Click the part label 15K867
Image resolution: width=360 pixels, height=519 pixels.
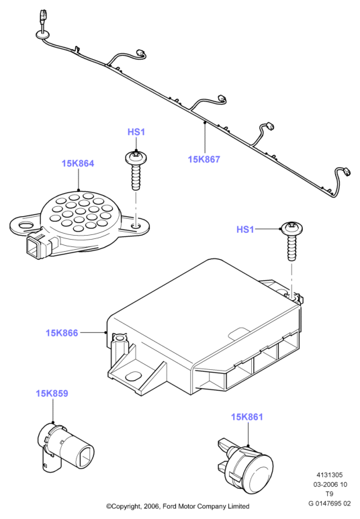[x=204, y=159]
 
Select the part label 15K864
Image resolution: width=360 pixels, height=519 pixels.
[x=78, y=163]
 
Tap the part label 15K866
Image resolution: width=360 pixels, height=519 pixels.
[x=62, y=332]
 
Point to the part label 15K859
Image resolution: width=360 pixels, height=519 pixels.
[x=52, y=393]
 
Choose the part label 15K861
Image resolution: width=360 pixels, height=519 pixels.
[x=247, y=417]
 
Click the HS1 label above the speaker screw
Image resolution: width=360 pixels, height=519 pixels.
[x=136, y=132]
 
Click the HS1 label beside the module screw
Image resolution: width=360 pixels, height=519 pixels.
[x=245, y=230]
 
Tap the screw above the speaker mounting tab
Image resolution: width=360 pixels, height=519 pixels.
[x=136, y=171]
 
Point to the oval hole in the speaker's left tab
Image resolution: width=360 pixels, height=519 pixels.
[x=26, y=225]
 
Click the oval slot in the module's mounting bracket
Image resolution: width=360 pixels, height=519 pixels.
[x=134, y=377]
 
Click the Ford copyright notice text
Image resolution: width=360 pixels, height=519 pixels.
[x=177, y=506]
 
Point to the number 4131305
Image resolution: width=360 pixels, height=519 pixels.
[x=330, y=475]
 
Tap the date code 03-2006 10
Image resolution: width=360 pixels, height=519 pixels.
[x=330, y=485]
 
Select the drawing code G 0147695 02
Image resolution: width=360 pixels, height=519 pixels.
[x=329, y=504]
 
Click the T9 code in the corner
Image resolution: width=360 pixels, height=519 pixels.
[x=329, y=494]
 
